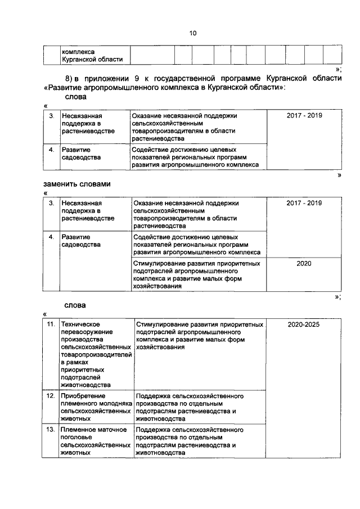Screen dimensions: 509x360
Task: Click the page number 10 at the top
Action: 192,33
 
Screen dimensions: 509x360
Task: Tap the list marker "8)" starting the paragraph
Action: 69,78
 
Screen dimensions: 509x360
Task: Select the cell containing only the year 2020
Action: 303,263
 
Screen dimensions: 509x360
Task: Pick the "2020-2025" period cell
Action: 303,325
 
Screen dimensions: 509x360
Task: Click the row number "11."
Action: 50,325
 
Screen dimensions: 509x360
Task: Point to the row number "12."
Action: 50,396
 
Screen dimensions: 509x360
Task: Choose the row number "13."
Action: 50,430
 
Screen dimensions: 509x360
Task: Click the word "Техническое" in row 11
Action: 80,325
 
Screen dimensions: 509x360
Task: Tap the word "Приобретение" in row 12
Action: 84,396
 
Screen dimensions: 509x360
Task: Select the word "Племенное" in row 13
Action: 79,430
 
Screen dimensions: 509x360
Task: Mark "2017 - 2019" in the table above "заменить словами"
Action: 304,115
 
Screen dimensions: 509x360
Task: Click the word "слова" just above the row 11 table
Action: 75,305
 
